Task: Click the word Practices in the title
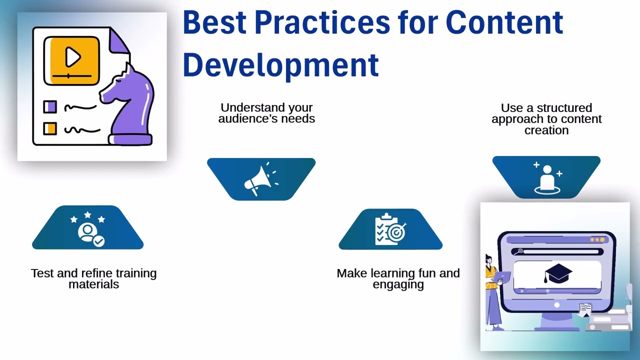[322, 22]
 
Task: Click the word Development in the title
[280, 65]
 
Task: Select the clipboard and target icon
[390, 229]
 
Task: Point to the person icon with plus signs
[547, 177]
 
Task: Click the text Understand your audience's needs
[266, 113]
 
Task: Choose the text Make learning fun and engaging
[398, 279]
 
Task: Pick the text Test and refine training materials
[93, 279]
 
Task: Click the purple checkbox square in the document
[50, 107]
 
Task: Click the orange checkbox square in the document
[50, 128]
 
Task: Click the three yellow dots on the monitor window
[597, 240]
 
